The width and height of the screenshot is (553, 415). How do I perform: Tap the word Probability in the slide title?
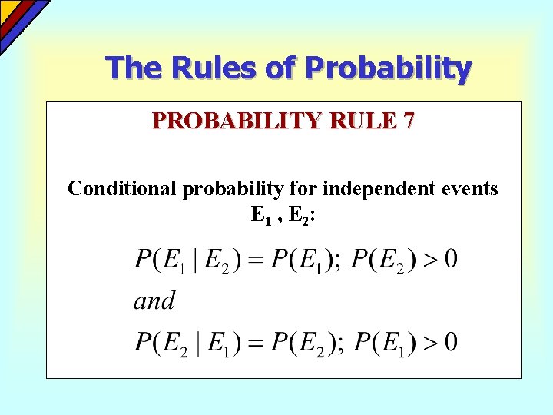pyautogui.click(x=389, y=68)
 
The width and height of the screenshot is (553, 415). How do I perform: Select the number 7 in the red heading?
pyautogui.click(x=408, y=121)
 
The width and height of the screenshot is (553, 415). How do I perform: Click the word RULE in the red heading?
pyautogui.click(x=365, y=121)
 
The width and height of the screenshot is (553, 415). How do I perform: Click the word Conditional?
pyautogui.click(x=123, y=188)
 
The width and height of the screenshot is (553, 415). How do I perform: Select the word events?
pyautogui.click(x=469, y=188)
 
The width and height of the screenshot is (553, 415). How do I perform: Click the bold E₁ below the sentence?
pyautogui.click(x=261, y=215)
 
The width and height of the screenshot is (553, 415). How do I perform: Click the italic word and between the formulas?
pyautogui.click(x=154, y=300)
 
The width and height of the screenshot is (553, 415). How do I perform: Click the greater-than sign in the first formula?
pyautogui.click(x=430, y=260)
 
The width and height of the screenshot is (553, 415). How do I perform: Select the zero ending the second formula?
pyautogui.click(x=451, y=341)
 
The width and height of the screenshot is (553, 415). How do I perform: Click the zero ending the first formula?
pyautogui.click(x=451, y=260)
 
